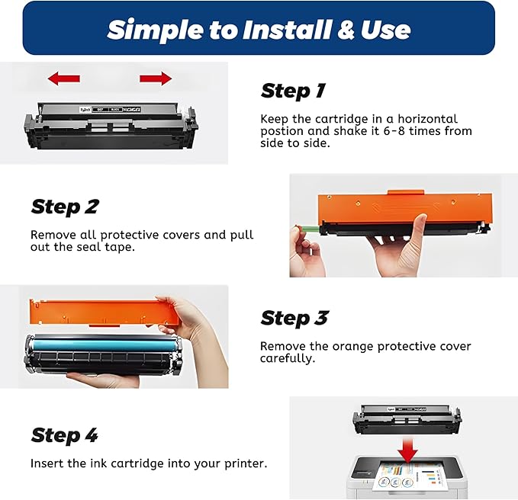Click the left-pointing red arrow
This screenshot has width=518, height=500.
(63, 78)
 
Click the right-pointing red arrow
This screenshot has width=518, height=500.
(156, 78)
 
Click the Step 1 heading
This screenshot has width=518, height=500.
(293, 91)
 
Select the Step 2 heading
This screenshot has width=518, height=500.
(65, 207)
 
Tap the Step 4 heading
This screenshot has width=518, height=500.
(65, 435)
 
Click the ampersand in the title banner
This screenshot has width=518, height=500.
(344, 30)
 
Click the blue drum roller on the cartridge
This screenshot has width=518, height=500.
(107, 341)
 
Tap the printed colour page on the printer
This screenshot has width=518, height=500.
(413, 477)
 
